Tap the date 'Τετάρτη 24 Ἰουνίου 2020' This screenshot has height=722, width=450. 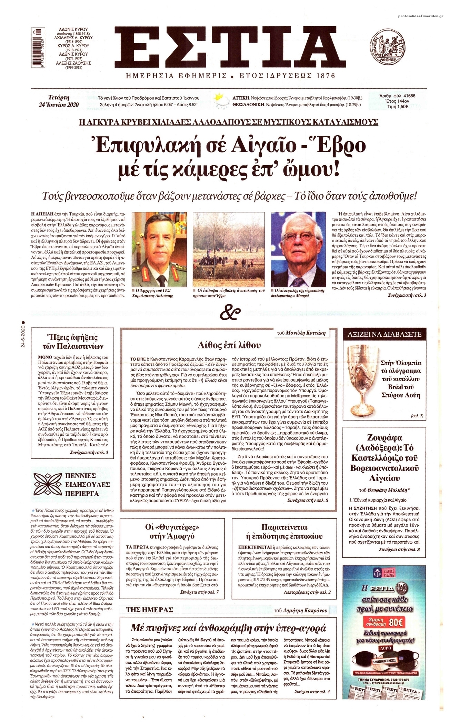59,100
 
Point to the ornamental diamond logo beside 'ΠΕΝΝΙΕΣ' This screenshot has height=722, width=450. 47,485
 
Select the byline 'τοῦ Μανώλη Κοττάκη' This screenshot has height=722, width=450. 301,333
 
